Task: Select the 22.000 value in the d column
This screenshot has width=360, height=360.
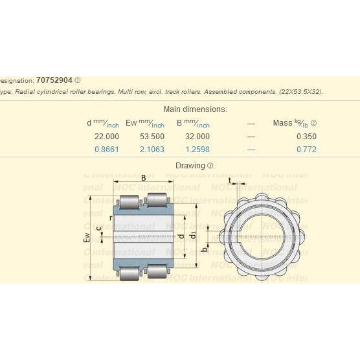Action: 107,136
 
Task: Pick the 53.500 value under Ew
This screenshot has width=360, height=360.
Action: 152,136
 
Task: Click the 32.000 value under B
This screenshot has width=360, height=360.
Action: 197,136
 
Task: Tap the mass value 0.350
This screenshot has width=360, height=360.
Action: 306,136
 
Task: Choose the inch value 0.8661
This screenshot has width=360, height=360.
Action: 107,150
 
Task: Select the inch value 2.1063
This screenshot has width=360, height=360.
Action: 152,150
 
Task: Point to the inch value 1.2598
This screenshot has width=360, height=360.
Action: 197,150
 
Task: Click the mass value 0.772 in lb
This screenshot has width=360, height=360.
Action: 306,150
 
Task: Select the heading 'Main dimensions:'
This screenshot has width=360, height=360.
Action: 195,109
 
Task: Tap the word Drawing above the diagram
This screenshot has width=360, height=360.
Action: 190,166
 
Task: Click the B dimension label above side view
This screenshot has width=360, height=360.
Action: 143,177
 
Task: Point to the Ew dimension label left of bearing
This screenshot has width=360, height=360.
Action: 87,239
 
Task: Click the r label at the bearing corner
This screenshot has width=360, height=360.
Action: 111,218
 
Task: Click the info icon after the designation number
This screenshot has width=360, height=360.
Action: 78,80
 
